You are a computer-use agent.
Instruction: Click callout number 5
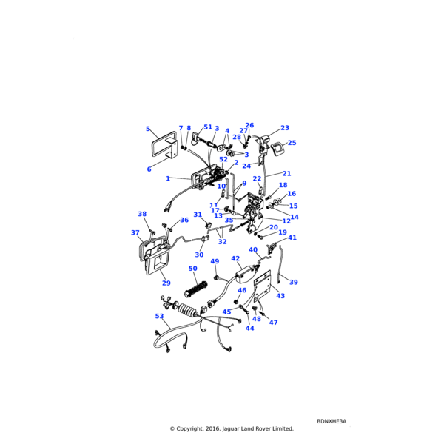tap(148, 129)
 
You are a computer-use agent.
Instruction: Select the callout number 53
tap(159, 316)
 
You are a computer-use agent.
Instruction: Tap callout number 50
tap(193, 268)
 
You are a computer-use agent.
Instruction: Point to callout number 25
tap(292, 143)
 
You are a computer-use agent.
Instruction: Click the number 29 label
tap(166, 283)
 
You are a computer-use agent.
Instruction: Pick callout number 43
tap(280, 295)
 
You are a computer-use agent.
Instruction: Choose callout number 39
tap(294, 282)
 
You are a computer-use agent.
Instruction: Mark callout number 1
tap(168, 178)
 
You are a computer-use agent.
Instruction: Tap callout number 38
tap(142, 214)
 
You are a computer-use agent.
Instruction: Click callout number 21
tap(286, 173)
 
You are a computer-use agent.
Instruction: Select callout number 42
tap(235, 258)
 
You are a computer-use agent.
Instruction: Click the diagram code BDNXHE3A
tap(332, 421)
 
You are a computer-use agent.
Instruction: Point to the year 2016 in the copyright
tap(214, 428)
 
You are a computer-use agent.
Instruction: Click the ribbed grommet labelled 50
tap(195, 289)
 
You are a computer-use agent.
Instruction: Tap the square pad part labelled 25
tap(277, 149)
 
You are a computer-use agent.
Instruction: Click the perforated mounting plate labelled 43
tap(263, 286)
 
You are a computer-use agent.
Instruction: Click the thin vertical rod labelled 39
tap(280, 264)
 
